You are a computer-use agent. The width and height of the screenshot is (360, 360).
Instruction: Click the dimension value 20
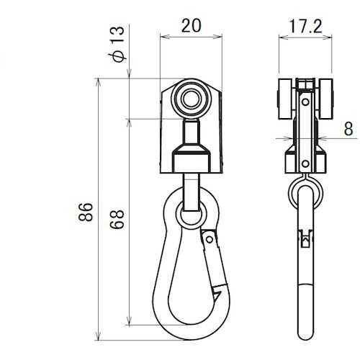(191, 25)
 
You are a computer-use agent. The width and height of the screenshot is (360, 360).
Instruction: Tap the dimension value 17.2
(305, 26)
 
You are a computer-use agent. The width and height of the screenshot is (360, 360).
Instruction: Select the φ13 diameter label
(117, 44)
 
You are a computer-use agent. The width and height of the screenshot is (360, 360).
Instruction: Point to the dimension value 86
(86, 212)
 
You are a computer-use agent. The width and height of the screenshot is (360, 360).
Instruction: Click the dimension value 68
(117, 220)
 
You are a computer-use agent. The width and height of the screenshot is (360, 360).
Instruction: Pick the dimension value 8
(348, 129)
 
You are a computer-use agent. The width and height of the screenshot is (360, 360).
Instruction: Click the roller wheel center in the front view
(192, 99)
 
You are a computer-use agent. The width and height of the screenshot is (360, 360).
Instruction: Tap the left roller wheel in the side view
(285, 99)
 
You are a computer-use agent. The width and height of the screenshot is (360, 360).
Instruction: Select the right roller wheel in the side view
(326, 99)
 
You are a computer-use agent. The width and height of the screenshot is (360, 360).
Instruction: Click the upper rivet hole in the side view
(305, 102)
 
